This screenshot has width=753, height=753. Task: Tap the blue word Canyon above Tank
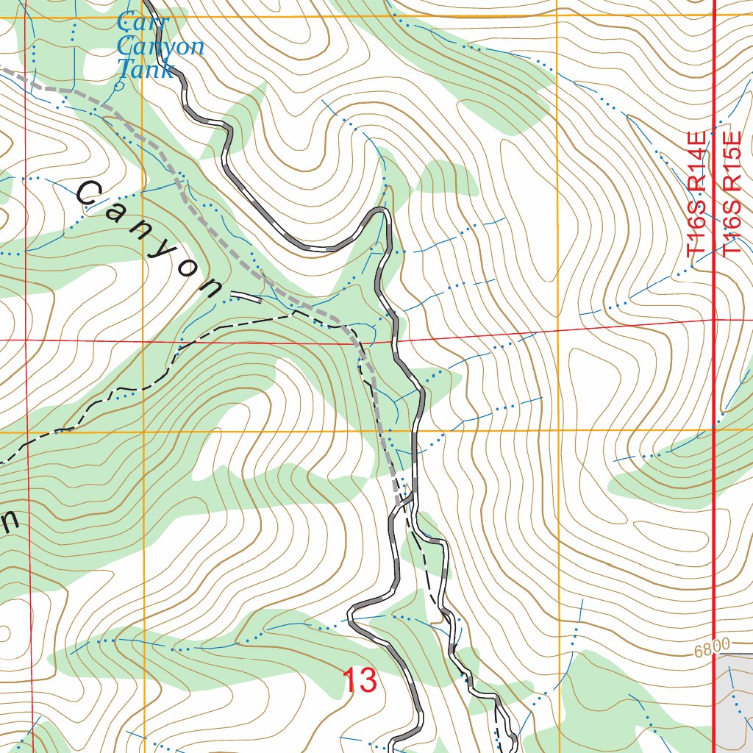point(160,46)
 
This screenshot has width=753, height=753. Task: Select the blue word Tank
point(146,70)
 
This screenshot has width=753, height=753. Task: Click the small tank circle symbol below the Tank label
point(120,85)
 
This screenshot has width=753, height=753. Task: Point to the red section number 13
point(360,681)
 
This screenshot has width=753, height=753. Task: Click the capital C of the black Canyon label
point(88,194)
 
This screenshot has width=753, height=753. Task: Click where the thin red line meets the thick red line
point(715,321)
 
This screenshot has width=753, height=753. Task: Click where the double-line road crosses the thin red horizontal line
point(396,340)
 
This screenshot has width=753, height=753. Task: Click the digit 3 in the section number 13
point(368,681)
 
